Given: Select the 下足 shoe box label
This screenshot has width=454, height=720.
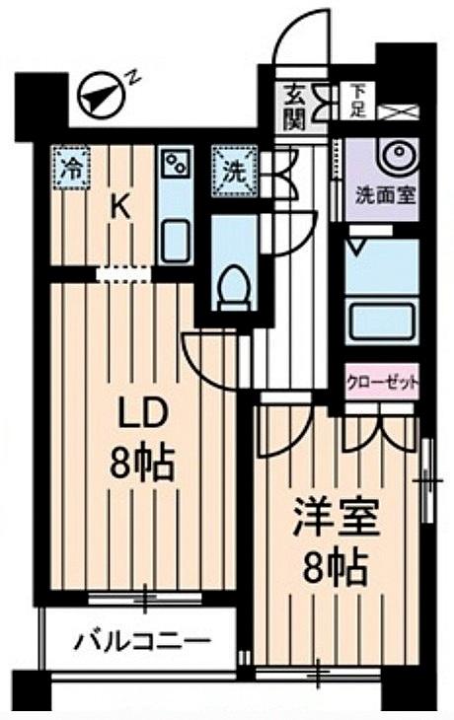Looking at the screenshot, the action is tap(357, 101).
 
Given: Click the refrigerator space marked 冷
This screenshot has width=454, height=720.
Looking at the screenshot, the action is tap(70, 168).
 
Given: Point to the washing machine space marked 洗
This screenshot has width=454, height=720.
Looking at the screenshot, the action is tap(234, 171).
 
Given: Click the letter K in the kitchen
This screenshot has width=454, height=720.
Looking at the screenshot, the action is tap(120, 209).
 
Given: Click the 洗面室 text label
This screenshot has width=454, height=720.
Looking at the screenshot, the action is tap(386, 196).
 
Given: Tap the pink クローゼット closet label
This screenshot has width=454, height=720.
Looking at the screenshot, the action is tap(382, 382).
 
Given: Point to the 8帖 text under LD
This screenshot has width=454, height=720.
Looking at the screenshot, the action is tap(141, 463).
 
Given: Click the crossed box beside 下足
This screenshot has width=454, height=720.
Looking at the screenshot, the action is tap(398, 112).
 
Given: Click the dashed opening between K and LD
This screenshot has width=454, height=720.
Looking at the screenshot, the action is tap(123, 274).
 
